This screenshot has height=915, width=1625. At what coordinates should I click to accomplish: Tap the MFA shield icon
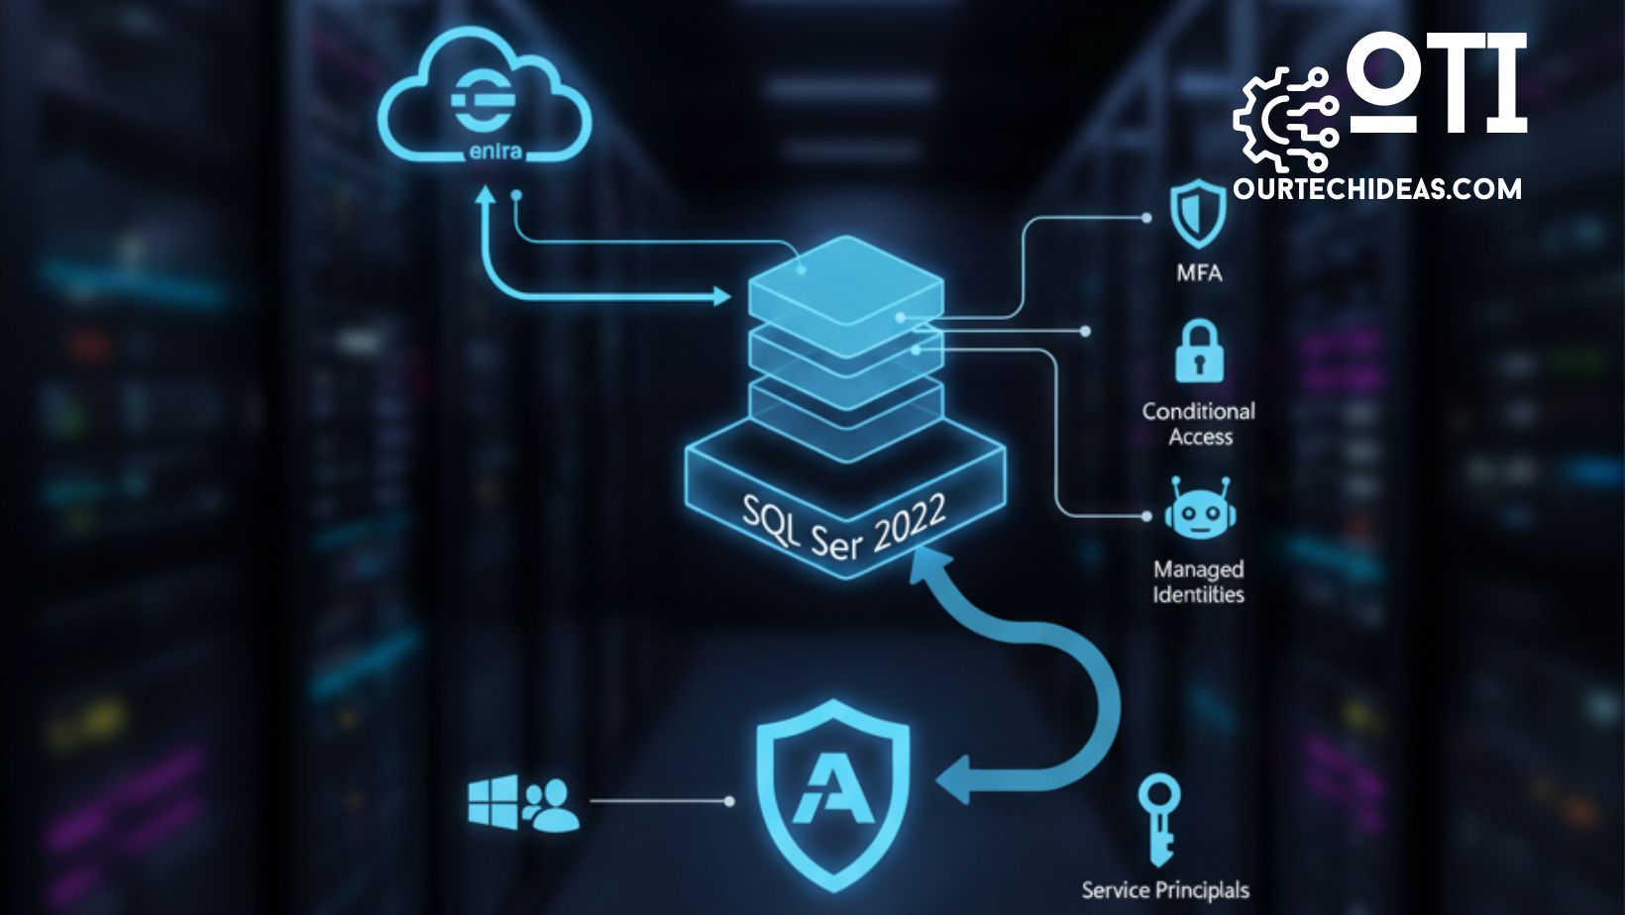(x=1198, y=212)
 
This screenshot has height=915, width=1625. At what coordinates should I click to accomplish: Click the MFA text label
(x=1199, y=272)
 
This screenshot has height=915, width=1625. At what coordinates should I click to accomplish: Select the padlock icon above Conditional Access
(x=1199, y=352)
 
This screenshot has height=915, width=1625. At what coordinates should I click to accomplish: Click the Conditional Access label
(x=1199, y=424)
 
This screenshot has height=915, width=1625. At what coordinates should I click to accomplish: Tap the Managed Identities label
(x=1199, y=582)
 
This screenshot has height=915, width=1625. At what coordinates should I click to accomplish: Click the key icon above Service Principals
(x=1157, y=818)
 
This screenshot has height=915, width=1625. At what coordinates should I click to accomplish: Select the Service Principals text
(x=1165, y=890)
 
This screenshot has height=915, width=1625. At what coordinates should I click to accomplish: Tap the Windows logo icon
(x=492, y=801)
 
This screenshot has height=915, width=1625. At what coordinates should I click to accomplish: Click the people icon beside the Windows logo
(x=550, y=804)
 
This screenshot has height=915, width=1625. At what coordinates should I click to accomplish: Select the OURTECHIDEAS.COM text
(x=1377, y=188)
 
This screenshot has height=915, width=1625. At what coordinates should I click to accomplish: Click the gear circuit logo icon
(x=1285, y=118)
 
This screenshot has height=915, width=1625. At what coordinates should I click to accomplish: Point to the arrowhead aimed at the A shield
(x=956, y=773)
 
